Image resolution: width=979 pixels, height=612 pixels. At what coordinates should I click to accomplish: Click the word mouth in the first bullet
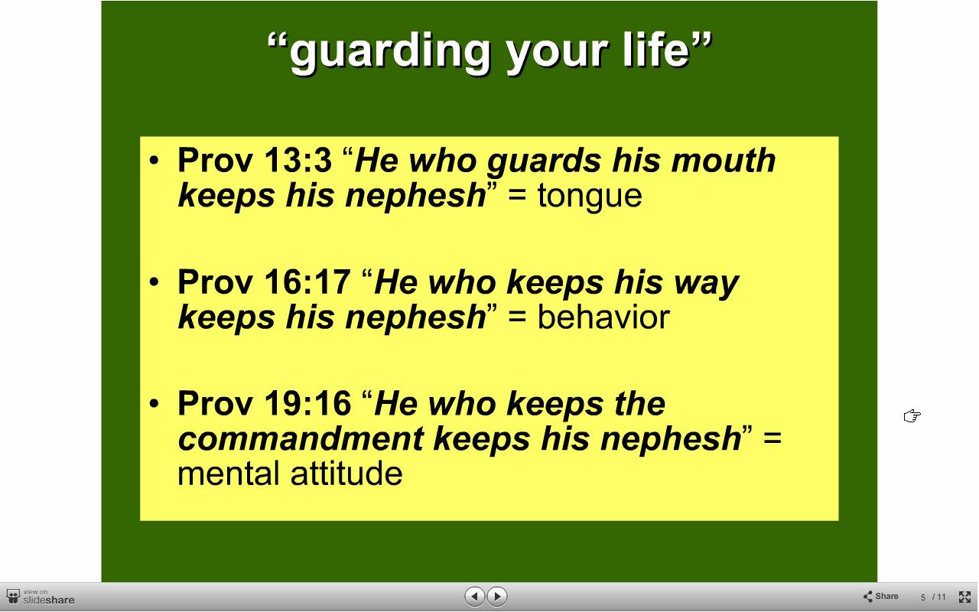pyautogui.click(x=724, y=160)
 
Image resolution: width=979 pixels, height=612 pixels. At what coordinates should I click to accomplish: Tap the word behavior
pyautogui.click(x=603, y=317)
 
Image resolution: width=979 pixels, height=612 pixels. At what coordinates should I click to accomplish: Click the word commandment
pyautogui.click(x=301, y=438)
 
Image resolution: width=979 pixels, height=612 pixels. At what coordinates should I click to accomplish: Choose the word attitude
pyautogui.click(x=346, y=474)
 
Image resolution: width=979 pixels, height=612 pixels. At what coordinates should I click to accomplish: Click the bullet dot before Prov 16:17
pyautogui.click(x=154, y=282)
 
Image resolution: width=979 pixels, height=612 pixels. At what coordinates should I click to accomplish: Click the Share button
pyautogui.click(x=880, y=596)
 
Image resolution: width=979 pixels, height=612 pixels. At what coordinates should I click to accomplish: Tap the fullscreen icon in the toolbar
pyautogui.click(x=964, y=597)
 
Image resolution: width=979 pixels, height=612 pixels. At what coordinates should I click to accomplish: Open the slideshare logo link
pyautogui.click(x=41, y=597)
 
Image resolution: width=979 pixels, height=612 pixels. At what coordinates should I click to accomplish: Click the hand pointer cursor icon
pyautogui.click(x=912, y=416)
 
